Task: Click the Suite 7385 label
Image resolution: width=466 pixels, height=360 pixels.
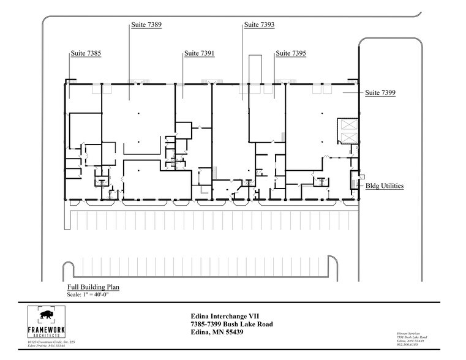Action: click(x=85, y=54)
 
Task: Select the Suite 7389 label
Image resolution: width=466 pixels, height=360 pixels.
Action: click(x=146, y=25)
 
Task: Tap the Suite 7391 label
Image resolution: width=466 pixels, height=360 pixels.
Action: click(x=199, y=54)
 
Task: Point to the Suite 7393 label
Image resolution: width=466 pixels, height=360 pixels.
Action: click(x=259, y=25)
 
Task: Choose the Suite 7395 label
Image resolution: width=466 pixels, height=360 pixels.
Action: click(x=291, y=54)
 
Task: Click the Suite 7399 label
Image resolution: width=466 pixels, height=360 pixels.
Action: click(x=380, y=92)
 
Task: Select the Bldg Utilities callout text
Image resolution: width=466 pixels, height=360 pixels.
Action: click(x=385, y=186)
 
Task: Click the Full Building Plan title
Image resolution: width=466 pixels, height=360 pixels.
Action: click(x=93, y=287)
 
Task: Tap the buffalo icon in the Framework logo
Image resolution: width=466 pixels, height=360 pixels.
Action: click(x=46, y=317)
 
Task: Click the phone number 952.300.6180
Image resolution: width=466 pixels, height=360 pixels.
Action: click(x=408, y=345)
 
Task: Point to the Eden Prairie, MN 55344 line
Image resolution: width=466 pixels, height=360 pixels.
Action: click(x=46, y=347)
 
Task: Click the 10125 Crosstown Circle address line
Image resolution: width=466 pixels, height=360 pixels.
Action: click(x=51, y=342)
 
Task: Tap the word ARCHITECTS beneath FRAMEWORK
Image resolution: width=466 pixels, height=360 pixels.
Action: click(x=46, y=336)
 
